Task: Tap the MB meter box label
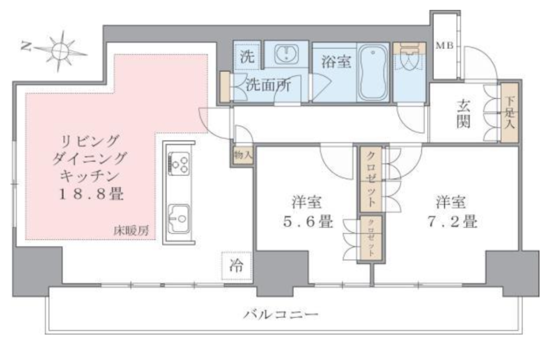tap(444, 46)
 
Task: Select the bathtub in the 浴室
tap(373, 72)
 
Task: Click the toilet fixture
tap(409, 57)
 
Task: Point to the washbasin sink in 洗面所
tap(286, 54)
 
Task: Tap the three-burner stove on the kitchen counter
tap(179, 164)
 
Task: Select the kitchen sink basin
tap(179, 218)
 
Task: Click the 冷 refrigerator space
tap(236, 266)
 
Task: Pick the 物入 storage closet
tap(243, 155)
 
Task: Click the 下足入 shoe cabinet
tap(509, 113)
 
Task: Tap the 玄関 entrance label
tap(463, 114)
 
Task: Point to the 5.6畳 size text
tap(307, 221)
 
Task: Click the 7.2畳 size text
tap(452, 221)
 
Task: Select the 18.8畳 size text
tap(91, 194)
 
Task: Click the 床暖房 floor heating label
tap(131, 231)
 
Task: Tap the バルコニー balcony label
tap(281, 314)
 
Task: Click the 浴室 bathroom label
tap(336, 62)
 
